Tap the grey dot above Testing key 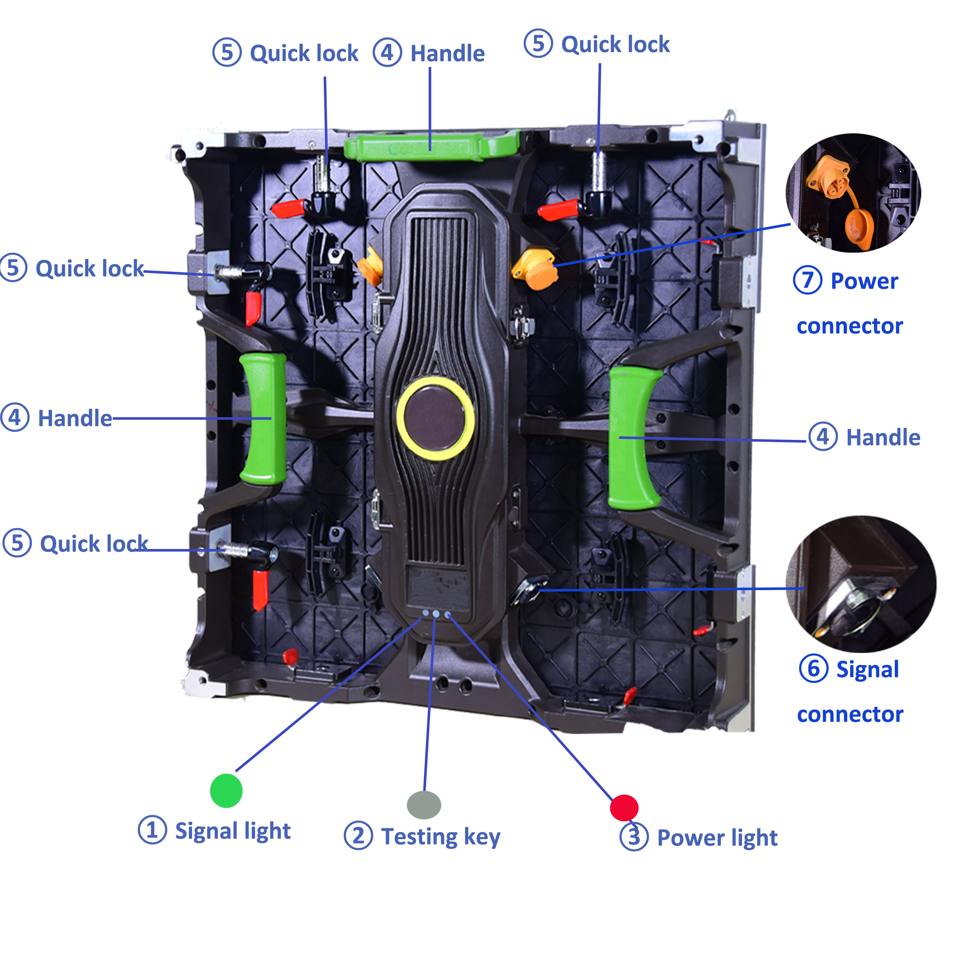pyautogui.click(x=424, y=805)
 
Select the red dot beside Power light pyautogui.click(x=624, y=808)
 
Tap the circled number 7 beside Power pyautogui.click(x=807, y=280)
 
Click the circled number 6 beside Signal pyautogui.click(x=813, y=669)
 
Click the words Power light pyautogui.click(x=717, y=838)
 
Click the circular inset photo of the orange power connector pyautogui.click(x=853, y=193)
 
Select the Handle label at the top pyautogui.click(x=447, y=54)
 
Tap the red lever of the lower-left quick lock pyautogui.click(x=260, y=590)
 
